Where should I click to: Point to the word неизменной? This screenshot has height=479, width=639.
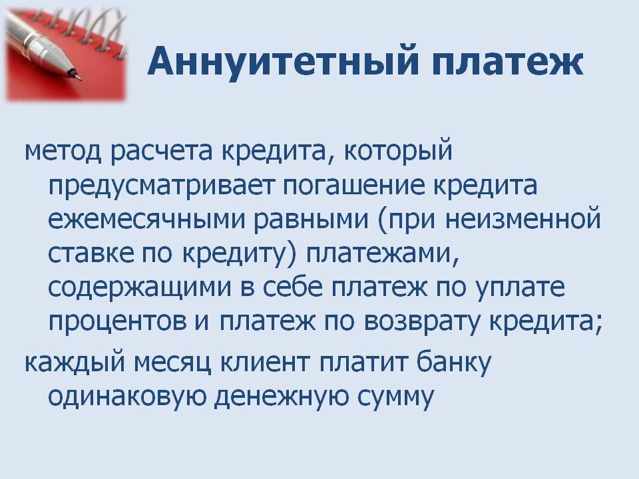point(523,218)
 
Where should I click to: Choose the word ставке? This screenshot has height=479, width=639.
point(91,253)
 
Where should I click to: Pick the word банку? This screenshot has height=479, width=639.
point(454,362)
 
